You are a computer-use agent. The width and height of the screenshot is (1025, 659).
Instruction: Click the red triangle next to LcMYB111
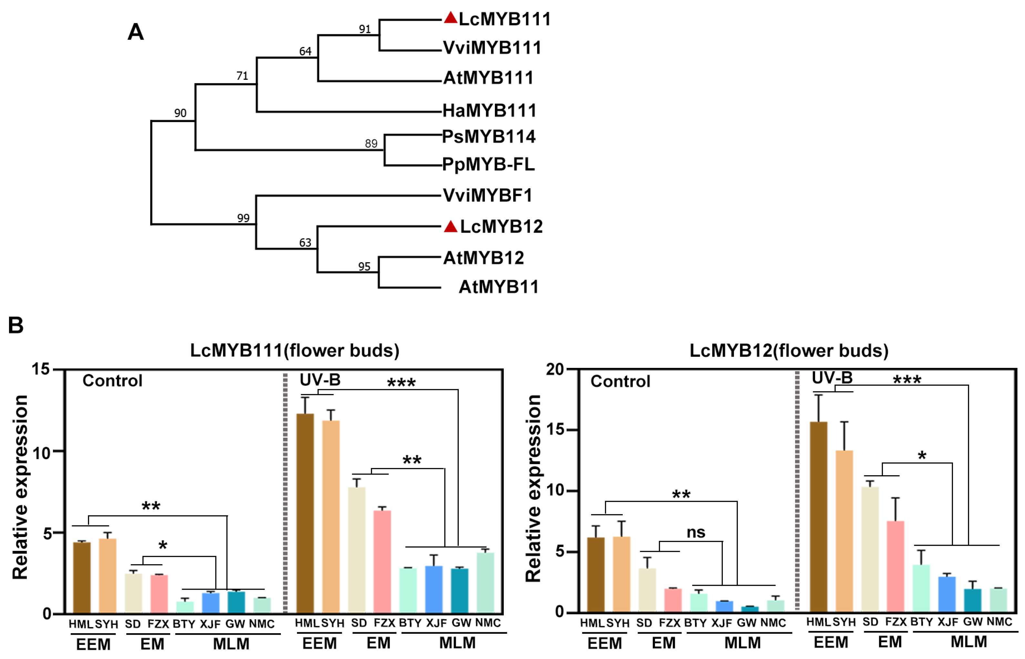(450, 18)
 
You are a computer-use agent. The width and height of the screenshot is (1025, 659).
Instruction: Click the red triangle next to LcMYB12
(450, 226)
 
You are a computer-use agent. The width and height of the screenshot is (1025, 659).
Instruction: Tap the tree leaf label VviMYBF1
(487, 195)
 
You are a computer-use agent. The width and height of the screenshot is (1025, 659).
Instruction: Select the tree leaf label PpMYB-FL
(488, 164)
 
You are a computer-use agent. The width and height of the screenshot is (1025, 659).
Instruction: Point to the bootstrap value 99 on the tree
(243, 218)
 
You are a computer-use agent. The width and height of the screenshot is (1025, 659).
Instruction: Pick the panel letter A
(136, 32)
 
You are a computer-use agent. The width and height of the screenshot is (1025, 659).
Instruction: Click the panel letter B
(16, 326)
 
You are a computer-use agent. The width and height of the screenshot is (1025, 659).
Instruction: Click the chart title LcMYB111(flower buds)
(295, 350)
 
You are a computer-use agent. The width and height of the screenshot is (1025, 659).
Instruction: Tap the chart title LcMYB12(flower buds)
(789, 350)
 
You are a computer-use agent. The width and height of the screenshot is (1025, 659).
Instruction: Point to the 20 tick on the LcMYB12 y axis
(555, 369)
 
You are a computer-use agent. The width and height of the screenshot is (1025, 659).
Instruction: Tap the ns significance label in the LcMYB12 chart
(696, 532)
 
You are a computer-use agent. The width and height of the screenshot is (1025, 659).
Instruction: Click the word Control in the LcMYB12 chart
(620, 381)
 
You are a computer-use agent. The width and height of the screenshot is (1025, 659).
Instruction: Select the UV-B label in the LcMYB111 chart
(320, 380)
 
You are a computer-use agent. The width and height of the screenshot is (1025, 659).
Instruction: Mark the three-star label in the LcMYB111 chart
(401, 382)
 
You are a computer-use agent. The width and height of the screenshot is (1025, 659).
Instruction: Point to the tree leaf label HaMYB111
(489, 111)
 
